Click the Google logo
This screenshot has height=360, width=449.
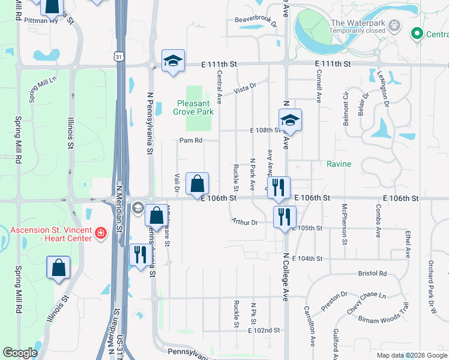[20, 353]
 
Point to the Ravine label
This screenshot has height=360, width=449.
[339, 164]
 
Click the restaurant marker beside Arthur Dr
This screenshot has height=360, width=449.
[285, 215]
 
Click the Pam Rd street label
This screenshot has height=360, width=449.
[190, 140]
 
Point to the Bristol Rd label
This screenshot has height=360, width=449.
[372, 273]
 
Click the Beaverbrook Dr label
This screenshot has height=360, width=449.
[256, 19]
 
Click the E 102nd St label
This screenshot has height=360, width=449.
[268, 331]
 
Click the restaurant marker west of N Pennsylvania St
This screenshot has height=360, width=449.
[137, 254]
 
